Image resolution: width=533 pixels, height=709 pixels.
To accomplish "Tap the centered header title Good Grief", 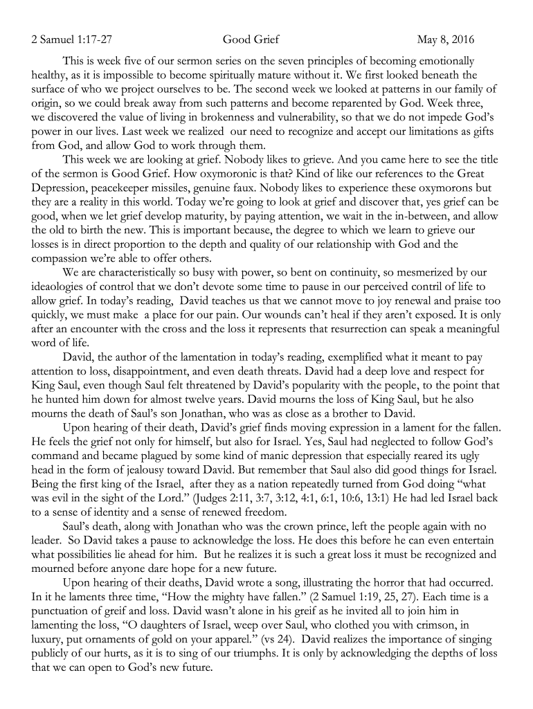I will [251, 39].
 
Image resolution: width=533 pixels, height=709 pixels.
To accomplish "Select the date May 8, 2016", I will [446, 39].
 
